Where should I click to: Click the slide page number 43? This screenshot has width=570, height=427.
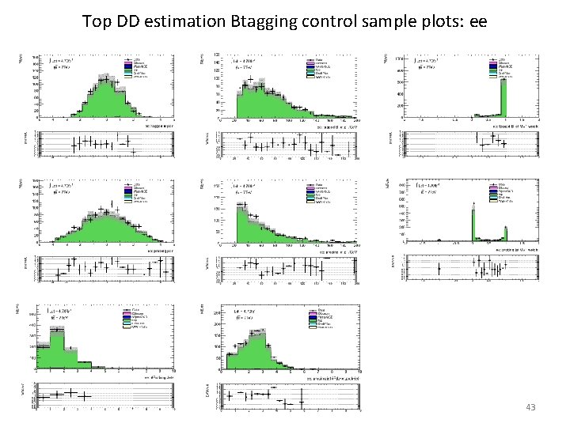pyautogui.click(x=530, y=406)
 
